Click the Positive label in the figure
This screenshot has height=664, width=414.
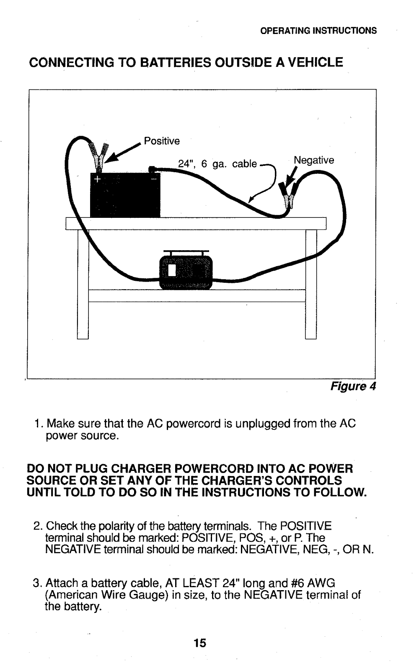coord(162,141)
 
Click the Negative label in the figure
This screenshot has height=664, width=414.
coord(314,160)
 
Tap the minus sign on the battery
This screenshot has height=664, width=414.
coord(153,178)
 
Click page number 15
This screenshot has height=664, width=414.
coord(200,643)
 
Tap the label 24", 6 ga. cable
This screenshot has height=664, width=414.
coord(217,164)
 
